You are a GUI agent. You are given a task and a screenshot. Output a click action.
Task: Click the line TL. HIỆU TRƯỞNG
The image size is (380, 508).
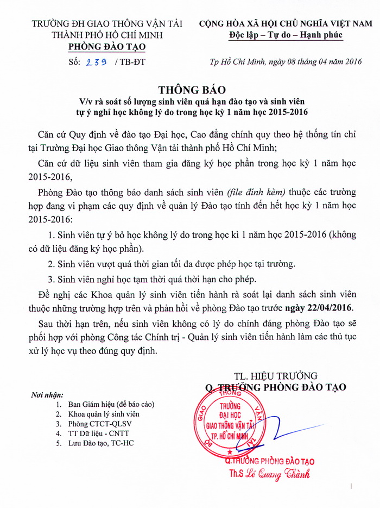click(275, 376)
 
